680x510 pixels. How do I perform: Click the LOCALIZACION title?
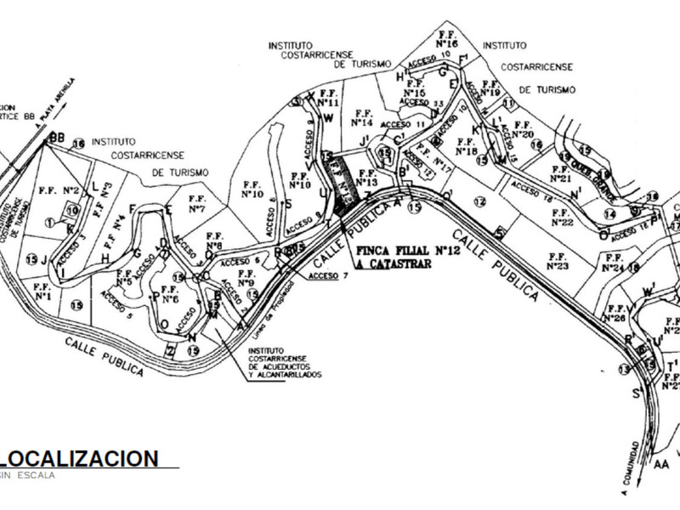point(80,458)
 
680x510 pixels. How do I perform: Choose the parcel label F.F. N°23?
point(558,261)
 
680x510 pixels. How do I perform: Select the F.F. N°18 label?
point(466,146)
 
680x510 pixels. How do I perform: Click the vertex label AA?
point(661,464)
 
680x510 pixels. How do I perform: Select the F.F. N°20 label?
point(523,129)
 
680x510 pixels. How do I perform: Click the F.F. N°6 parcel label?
point(168,294)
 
